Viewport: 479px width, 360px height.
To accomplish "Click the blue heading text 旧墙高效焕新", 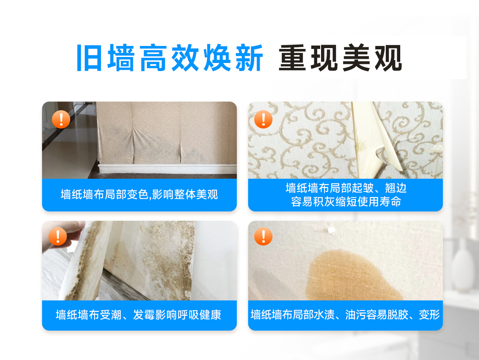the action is point(169,58).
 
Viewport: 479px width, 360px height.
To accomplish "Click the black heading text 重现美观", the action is point(340,58).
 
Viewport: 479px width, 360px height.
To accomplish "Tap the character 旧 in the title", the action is point(89,58).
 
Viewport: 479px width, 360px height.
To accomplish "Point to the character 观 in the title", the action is point(388,58).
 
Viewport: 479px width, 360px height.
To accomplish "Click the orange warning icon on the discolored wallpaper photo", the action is point(61,119).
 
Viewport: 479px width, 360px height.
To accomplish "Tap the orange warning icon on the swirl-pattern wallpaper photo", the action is point(263,119).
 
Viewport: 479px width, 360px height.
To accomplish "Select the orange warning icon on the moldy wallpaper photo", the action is point(58,236).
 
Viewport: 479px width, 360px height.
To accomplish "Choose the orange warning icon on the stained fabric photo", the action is point(263,236).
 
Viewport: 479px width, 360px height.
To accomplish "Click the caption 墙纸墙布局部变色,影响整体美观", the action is point(139,194).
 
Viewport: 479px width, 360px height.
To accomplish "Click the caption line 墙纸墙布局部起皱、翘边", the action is point(346,188).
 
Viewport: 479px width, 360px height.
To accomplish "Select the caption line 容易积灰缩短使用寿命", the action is point(346,202).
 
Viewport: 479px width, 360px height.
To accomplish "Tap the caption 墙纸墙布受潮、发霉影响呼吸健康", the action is point(138,315).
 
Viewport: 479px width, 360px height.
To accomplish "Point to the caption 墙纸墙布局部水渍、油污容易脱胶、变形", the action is point(345,315).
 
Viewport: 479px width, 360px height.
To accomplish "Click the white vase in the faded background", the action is point(462,266).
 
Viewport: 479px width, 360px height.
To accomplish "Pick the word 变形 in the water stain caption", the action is point(429,315).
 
